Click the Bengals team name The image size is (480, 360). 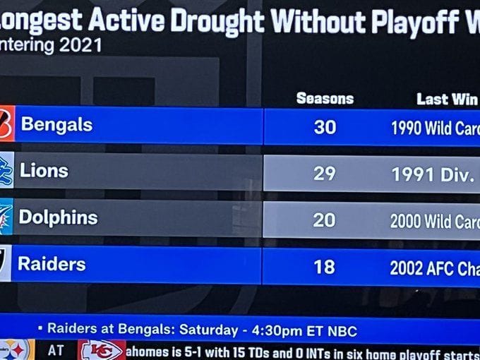pos(56,125)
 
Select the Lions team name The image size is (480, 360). pos(44,171)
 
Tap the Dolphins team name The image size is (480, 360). pos(58,217)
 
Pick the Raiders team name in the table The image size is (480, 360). pos(52,265)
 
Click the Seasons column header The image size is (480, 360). pos(325,99)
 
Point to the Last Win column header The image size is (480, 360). pos(447,99)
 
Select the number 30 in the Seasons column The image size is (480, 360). pos(325,128)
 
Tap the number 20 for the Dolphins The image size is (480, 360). pos(324,220)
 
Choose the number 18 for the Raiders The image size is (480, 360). pos(324,267)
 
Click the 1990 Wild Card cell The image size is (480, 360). pos(435,129)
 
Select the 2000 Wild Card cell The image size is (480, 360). pos(435,221)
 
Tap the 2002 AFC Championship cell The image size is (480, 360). pos(435,268)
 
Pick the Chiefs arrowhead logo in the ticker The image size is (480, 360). pos(101,350)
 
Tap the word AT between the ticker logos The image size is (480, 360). pos(56,350)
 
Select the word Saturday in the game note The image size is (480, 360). pos(208,330)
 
